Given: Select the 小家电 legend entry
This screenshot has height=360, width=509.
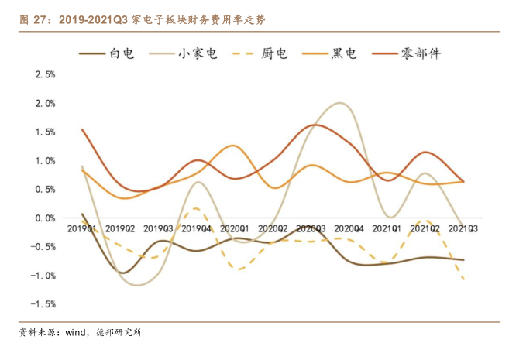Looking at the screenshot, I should click(x=196, y=53).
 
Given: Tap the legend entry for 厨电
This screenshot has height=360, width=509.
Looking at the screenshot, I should click(x=273, y=53).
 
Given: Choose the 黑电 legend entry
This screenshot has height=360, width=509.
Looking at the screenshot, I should click(x=344, y=53).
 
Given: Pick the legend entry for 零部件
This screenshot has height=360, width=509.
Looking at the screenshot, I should click(x=422, y=53).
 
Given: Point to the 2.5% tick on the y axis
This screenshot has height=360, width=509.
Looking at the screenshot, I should click(x=46, y=75).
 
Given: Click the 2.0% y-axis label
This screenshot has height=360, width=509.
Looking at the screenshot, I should click(x=46, y=104).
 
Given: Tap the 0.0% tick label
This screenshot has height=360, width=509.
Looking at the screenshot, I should click(x=46, y=218).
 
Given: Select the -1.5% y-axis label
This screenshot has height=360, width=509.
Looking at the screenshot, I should click(x=44, y=304).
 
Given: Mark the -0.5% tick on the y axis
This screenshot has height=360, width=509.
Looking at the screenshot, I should click(x=44, y=247).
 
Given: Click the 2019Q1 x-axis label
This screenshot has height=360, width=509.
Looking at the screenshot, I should click(x=82, y=229).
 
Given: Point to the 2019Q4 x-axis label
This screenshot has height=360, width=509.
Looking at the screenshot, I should click(x=197, y=229).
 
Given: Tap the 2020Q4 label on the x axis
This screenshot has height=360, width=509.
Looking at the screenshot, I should click(x=349, y=229).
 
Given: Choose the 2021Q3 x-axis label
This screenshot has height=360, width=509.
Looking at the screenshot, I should click(x=463, y=229).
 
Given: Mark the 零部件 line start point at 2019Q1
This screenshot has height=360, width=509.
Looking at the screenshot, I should click(x=82, y=129).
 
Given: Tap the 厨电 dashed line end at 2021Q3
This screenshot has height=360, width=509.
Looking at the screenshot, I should click(x=463, y=279).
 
